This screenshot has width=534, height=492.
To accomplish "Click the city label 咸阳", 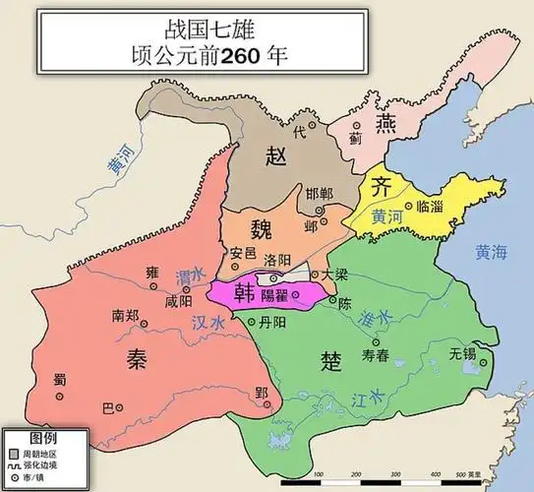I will click(179, 301).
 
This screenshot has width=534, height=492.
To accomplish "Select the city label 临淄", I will click(431, 206).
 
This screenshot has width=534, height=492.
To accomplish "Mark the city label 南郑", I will click(131, 317).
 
